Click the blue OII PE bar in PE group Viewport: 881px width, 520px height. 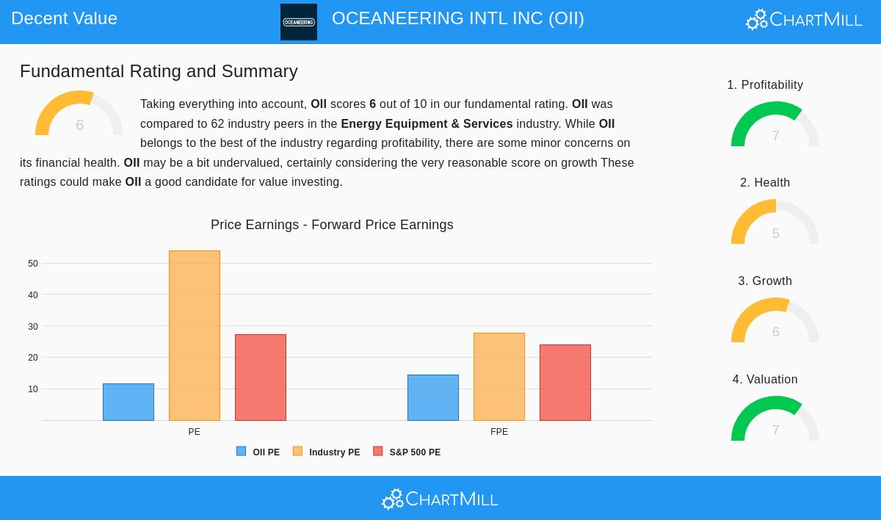click(128, 402)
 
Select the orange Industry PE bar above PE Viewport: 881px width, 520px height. click(195, 336)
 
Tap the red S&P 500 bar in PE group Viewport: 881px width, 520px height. click(261, 378)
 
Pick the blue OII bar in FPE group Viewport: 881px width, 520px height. click(433, 397)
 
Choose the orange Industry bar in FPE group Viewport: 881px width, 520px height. click(499, 377)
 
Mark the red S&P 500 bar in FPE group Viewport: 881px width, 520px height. click(565, 383)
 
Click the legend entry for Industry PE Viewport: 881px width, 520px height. click(327, 452)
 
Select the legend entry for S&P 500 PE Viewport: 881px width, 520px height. click(407, 452)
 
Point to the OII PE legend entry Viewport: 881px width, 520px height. click(258, 452)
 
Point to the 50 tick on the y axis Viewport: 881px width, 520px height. click(33, 264)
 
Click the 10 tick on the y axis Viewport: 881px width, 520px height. click(33, 389)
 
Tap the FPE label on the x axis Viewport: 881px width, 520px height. click(499, 432)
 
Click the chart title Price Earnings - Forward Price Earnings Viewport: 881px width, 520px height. click(332, 225)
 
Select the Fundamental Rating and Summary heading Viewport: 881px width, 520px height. click(159, 71)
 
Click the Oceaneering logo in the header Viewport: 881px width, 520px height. click(299, 22)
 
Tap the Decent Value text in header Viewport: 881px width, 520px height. click(64, 18)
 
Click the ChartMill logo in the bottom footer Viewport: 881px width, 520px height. click(440, 499)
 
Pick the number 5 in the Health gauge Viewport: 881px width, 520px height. click(775, 234)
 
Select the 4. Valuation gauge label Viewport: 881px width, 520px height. click(765, 379)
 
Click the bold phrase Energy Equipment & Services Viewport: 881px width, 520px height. click(427, 123)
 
